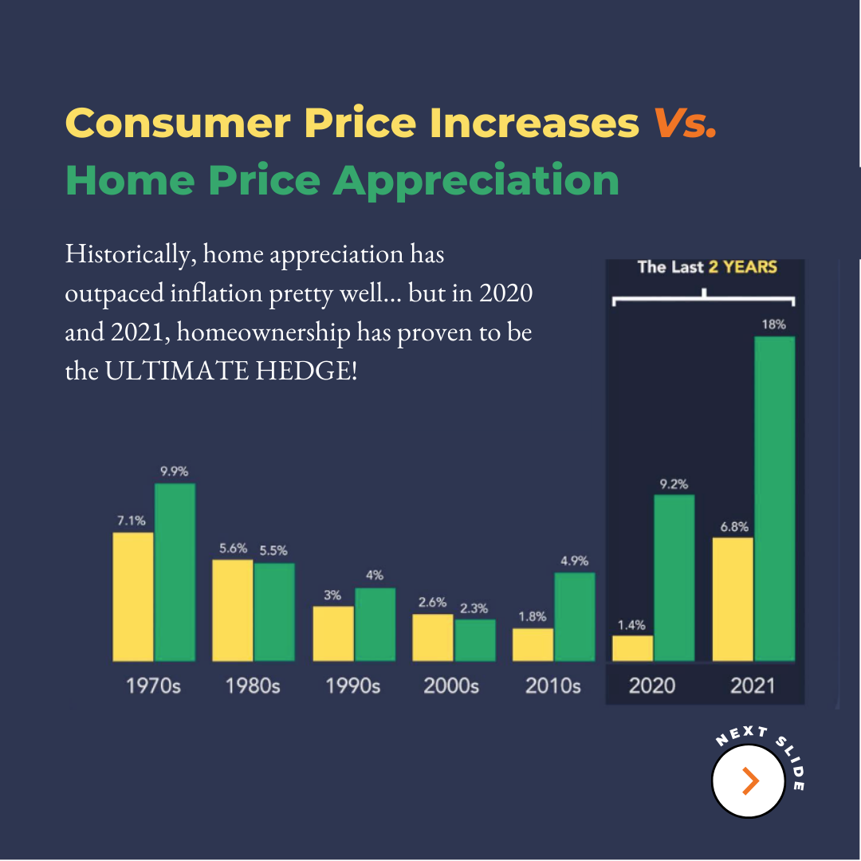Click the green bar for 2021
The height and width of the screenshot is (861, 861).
[774, 498]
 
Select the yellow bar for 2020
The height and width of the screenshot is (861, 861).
[632, 648]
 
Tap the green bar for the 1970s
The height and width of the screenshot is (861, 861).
[175, 572]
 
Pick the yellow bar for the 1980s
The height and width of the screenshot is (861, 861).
[232, 610]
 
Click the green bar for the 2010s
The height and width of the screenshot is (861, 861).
[574, 616]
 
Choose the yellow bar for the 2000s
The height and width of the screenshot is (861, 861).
[432, 637]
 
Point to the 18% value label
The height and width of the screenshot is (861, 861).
[775, 324]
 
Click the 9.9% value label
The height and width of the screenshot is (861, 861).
[174, 471]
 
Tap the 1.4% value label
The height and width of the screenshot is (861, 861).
[631, 624]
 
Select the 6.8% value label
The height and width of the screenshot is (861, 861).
[732, 526]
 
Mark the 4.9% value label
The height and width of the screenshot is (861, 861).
[574, 561]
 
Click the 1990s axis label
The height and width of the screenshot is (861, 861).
[353, 686]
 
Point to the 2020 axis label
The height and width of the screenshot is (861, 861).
[651, 686]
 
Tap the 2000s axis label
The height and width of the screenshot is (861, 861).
[451, 686]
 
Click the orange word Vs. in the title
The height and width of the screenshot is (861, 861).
[684, 124]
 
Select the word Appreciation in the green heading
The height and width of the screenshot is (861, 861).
[477, 180]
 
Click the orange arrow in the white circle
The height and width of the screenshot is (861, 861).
[749, 781]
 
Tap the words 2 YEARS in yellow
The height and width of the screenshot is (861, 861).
[742, 267]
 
